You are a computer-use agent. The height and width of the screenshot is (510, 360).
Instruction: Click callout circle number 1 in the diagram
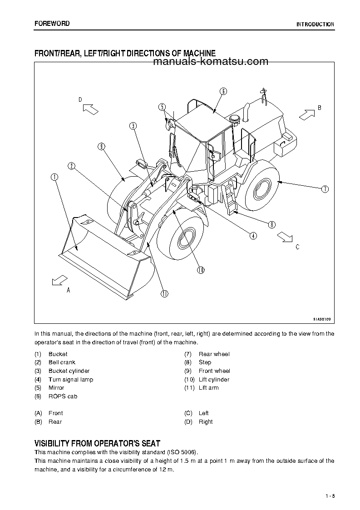[x=54, y=178]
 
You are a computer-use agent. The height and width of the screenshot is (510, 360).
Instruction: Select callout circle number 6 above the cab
[x=223, y=91]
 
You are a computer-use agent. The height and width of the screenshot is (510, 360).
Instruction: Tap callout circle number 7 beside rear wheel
[x=325, y=189]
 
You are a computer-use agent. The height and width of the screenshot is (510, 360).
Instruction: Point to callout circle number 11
[x=164, y=293]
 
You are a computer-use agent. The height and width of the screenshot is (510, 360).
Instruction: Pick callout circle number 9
[x=101, y=146]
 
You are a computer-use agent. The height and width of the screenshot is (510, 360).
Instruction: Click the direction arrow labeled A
[x=59, y=281]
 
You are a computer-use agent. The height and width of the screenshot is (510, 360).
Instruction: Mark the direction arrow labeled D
[x=90, y=109]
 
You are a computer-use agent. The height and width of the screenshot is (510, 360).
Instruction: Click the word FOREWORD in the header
[x=52, y=24]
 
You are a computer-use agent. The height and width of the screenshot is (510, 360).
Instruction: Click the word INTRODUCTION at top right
[x=315, y=25]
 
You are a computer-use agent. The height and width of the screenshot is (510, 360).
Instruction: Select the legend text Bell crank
[x=62, y=362]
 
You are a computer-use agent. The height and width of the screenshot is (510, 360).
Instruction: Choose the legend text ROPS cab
[x=63, y=396]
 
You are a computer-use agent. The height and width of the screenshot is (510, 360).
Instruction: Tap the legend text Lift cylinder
[x=214, y=380]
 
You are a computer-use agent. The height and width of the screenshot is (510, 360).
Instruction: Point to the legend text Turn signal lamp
[x=70, y=380]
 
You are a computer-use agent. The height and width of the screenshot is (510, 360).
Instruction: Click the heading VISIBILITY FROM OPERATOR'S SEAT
[x=97, y=443]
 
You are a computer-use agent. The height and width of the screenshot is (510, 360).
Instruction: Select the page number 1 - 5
[x=330, y=496]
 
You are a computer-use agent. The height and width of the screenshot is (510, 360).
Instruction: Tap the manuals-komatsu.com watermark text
[x=211, y=62]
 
